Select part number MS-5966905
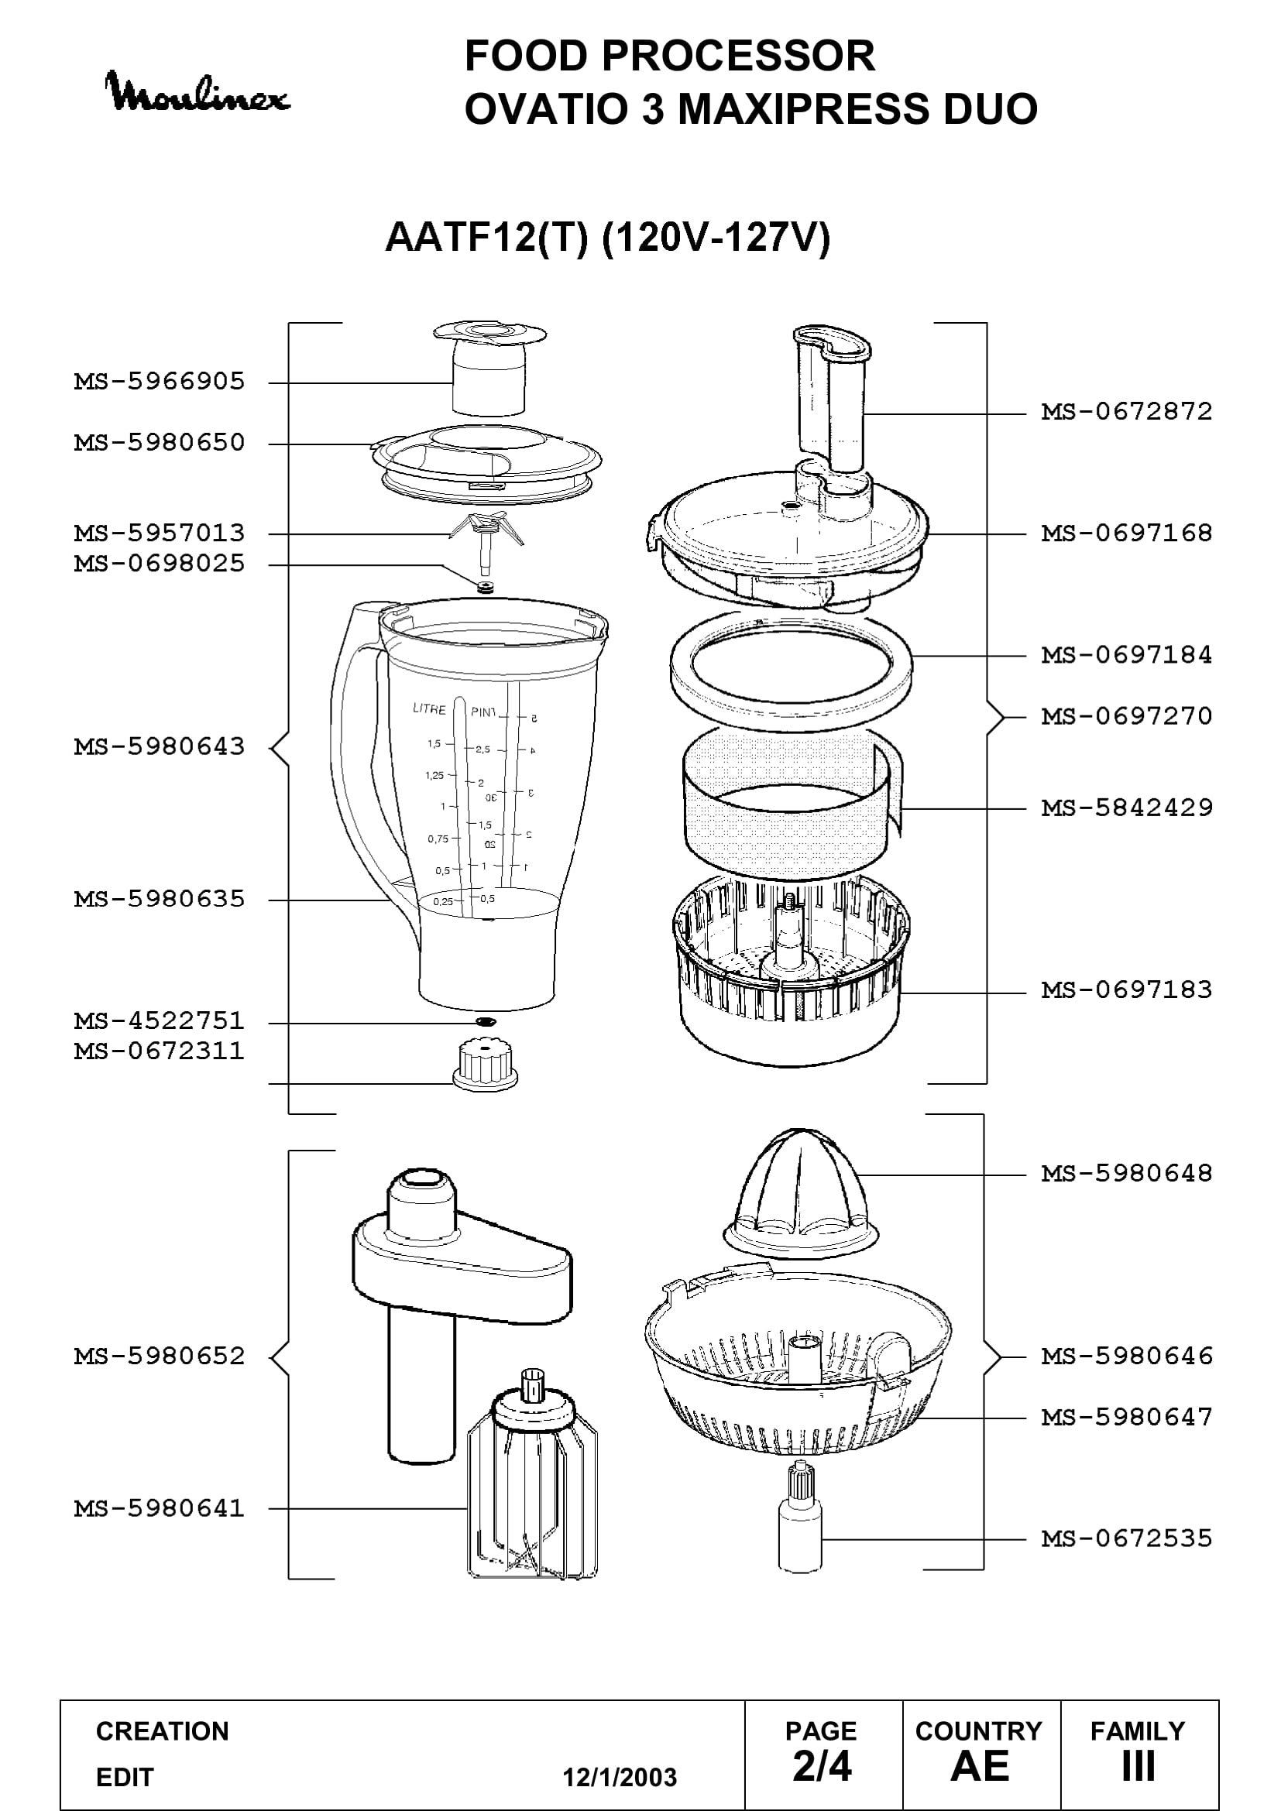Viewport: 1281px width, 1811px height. (x=160, y=382)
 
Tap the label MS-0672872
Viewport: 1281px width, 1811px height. (x=1126, y=412)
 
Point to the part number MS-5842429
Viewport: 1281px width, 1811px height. (x=1126, y=808)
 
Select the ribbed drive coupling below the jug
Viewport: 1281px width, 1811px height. (x=485, y=1065)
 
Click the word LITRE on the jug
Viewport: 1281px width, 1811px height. (x=429, y=709)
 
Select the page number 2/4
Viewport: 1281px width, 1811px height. (x=822, y=1767)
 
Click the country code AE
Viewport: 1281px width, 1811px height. (x=980, y=1767)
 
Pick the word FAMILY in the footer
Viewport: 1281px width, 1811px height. (x=1138, y=1731)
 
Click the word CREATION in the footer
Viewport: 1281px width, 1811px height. (x=163, y=1731)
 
